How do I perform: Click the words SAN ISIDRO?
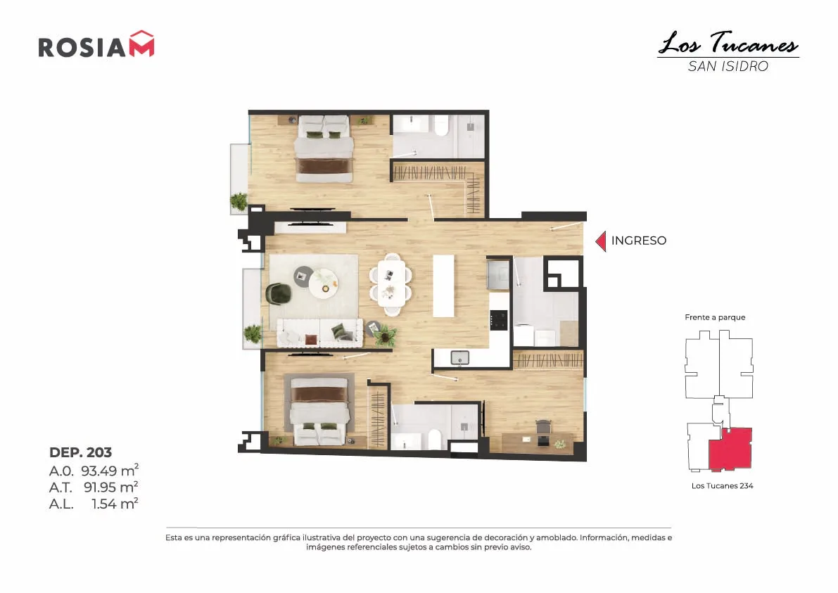[x=728, y=66]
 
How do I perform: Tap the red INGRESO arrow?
[x=601, y=241]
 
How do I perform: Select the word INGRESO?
[x=639, y=241]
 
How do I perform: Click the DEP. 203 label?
[x=81, y=452]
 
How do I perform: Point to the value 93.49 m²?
[x=110, y=470]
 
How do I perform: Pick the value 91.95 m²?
[x=111, y=487]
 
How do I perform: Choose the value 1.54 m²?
[x=115, y=503]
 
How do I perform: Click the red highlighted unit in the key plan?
[x=730, y=447]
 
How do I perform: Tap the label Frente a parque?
[x=715, y=317]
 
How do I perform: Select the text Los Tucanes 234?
[x=722, y=485]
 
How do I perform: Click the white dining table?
[x=391, y=283]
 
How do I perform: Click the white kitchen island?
[x=443, y=286]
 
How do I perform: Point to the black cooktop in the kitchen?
[x=499, y=320]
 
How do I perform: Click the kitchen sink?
[x=459, y=357]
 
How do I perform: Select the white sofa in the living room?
[x=319, y=332]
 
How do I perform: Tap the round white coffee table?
[x=324, y=281]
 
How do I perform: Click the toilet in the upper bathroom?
[x=441, y=127]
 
